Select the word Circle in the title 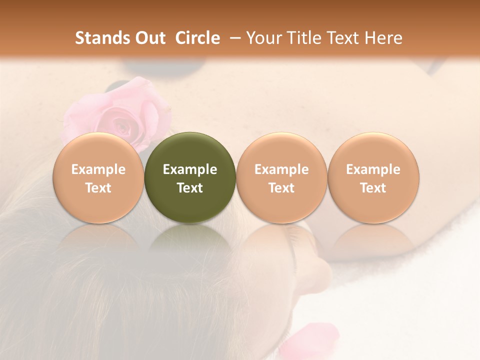point(197,38)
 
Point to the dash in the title point(233,38)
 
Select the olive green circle point(190,177)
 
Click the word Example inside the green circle point(190,169)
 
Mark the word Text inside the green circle point(190,188)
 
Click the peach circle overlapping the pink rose point(98,177)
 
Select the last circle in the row point(373,177)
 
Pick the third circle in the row point(281,177)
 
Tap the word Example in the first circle point(98,169)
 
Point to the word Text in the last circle point(373,188)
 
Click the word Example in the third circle point(281,169)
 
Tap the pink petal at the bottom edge point(307,340)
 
